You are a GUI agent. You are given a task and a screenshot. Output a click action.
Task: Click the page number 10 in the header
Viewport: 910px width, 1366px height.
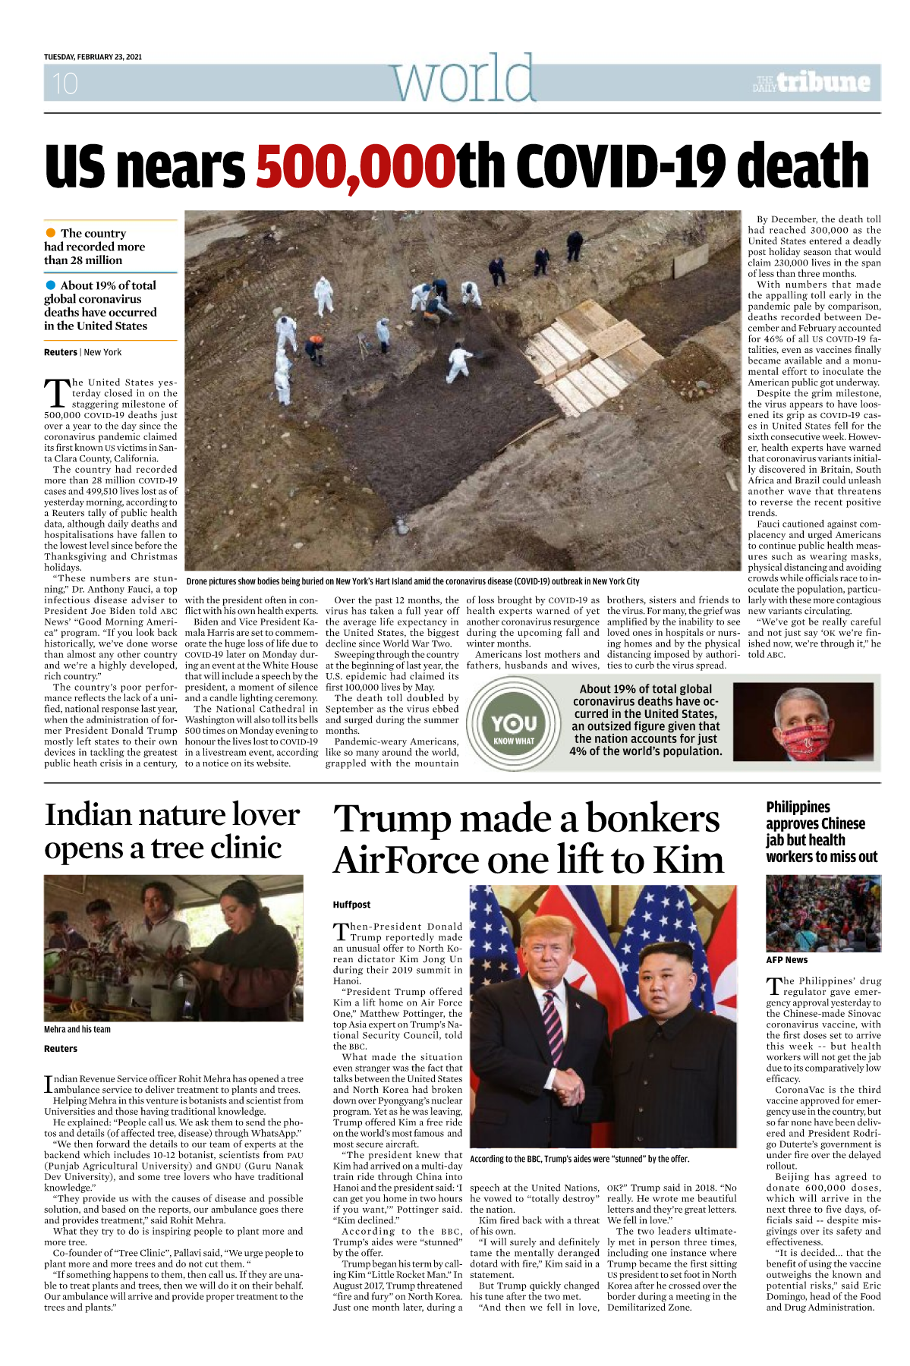[x=65, y=83]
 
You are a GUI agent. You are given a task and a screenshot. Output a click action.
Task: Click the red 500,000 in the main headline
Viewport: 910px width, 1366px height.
[x=355, y=166]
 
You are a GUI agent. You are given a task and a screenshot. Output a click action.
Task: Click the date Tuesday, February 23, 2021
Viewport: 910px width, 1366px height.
[x=93, y=57]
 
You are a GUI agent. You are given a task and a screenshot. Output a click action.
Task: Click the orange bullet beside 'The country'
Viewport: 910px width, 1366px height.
[x=51, y=233]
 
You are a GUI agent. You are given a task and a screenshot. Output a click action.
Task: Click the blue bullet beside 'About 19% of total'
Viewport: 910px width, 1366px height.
[x=51, y=285]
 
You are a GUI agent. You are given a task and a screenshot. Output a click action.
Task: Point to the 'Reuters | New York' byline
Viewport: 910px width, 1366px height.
[x=83, y=352]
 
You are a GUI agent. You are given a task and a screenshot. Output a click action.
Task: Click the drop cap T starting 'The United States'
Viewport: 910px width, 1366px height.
[x=56, y=393]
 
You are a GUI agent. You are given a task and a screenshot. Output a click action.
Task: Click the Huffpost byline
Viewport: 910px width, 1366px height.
[x=351, y=905]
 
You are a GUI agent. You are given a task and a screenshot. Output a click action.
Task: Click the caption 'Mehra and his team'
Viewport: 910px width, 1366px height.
[x=77, y=1029]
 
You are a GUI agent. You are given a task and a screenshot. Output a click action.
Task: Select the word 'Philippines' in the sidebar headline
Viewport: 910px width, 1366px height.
[x=798, y=807]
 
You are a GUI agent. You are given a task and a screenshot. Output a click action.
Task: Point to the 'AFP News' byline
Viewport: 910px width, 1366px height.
[x=786, y=960]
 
